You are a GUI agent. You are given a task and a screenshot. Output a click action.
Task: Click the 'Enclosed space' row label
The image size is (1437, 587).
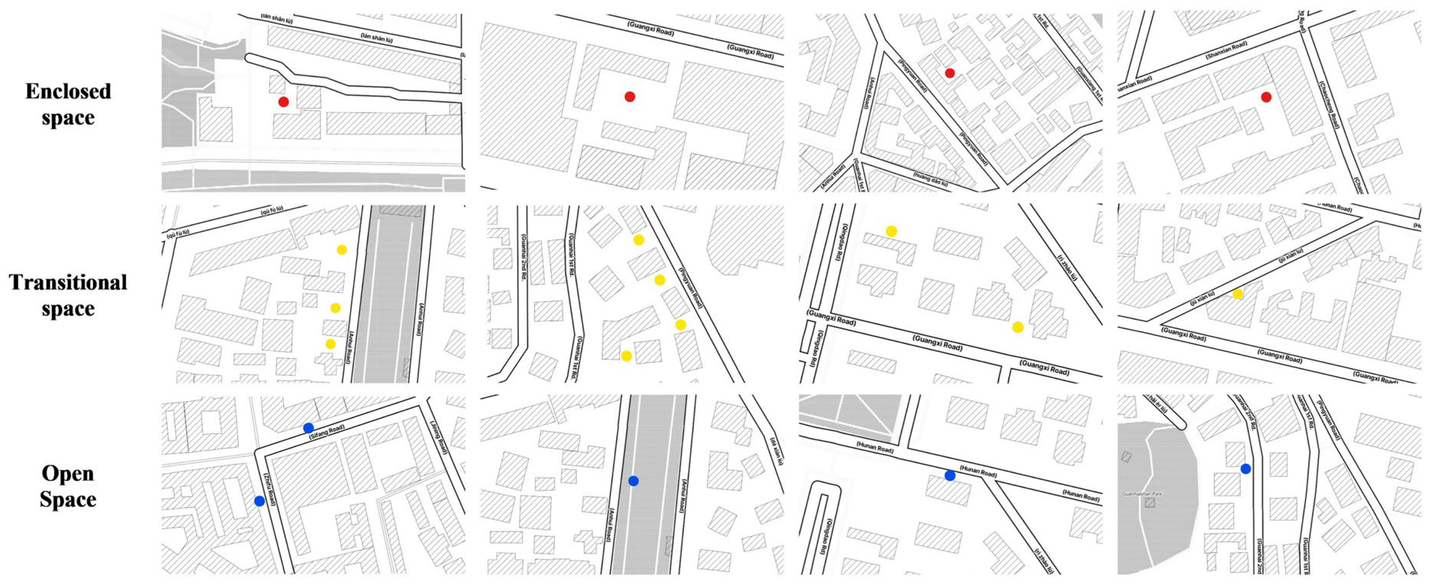pyautogui.click(x=68, y=104)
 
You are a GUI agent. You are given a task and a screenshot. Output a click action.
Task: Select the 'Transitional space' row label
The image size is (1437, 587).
pyautogui.click(x=68, y=296)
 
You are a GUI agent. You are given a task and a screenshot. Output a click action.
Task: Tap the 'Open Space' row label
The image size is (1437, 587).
pyautogui.click(x=68, y=486)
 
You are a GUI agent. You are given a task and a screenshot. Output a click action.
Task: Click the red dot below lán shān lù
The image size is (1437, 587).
pyautogui.click(x=283, y=102)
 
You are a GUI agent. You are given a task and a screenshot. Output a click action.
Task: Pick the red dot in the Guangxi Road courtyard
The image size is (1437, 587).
pyautogui.click(x=630, y=97)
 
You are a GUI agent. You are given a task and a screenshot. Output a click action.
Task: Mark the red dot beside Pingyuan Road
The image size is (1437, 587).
pyautogui.click(x=950, y=73)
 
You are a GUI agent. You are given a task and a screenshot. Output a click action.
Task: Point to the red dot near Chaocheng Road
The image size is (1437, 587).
pyautogui.click(x=1266, y=97)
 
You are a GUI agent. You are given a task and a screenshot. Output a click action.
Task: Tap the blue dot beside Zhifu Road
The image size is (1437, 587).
pyautogui.click(x=259, y=501)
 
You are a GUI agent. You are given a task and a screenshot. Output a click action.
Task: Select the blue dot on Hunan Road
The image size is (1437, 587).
pyautogui.click(x=950, y=475)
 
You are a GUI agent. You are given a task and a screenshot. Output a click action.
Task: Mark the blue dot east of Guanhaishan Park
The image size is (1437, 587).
pyautogui.click(x=1246, y=469)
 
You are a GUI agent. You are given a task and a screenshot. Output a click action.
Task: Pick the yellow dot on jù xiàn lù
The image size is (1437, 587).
pyautogui.click(x=1237, y=294)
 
